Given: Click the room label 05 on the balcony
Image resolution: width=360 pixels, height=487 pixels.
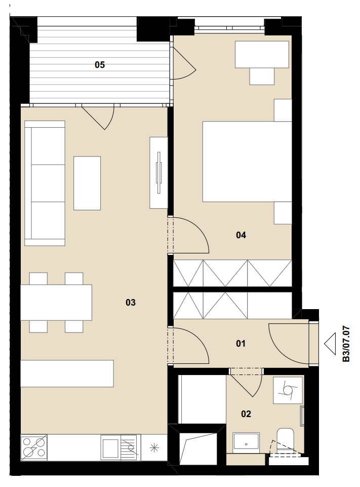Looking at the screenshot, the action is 100,65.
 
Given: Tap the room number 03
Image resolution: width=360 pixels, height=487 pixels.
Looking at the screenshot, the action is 131,302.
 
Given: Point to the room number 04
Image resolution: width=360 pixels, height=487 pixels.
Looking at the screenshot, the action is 241,235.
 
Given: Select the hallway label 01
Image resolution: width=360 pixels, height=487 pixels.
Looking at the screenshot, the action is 241,344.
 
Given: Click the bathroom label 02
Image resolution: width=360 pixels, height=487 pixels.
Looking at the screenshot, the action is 246,414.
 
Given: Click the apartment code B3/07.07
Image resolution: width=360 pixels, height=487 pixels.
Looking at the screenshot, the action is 346,344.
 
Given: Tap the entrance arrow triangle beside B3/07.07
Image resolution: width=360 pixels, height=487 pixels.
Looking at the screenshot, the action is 330,344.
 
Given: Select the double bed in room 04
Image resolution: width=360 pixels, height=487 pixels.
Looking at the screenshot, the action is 247,162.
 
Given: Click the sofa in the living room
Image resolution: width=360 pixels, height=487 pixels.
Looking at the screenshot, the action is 45,183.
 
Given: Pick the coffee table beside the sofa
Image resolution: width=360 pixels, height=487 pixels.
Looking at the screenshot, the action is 87,183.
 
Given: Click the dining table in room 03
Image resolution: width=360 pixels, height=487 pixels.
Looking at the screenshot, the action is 56,302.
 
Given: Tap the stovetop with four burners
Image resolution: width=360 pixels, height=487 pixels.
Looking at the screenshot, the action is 34,447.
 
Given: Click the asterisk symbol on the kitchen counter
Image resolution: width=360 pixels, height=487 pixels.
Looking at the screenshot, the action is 154,447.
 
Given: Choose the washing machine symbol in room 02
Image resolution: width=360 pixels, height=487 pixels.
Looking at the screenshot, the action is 288,391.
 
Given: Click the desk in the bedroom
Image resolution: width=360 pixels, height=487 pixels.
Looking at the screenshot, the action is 262,54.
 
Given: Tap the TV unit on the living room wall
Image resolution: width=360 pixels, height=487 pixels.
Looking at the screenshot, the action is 158,173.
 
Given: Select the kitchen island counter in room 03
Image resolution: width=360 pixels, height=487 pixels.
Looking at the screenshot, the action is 67,373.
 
